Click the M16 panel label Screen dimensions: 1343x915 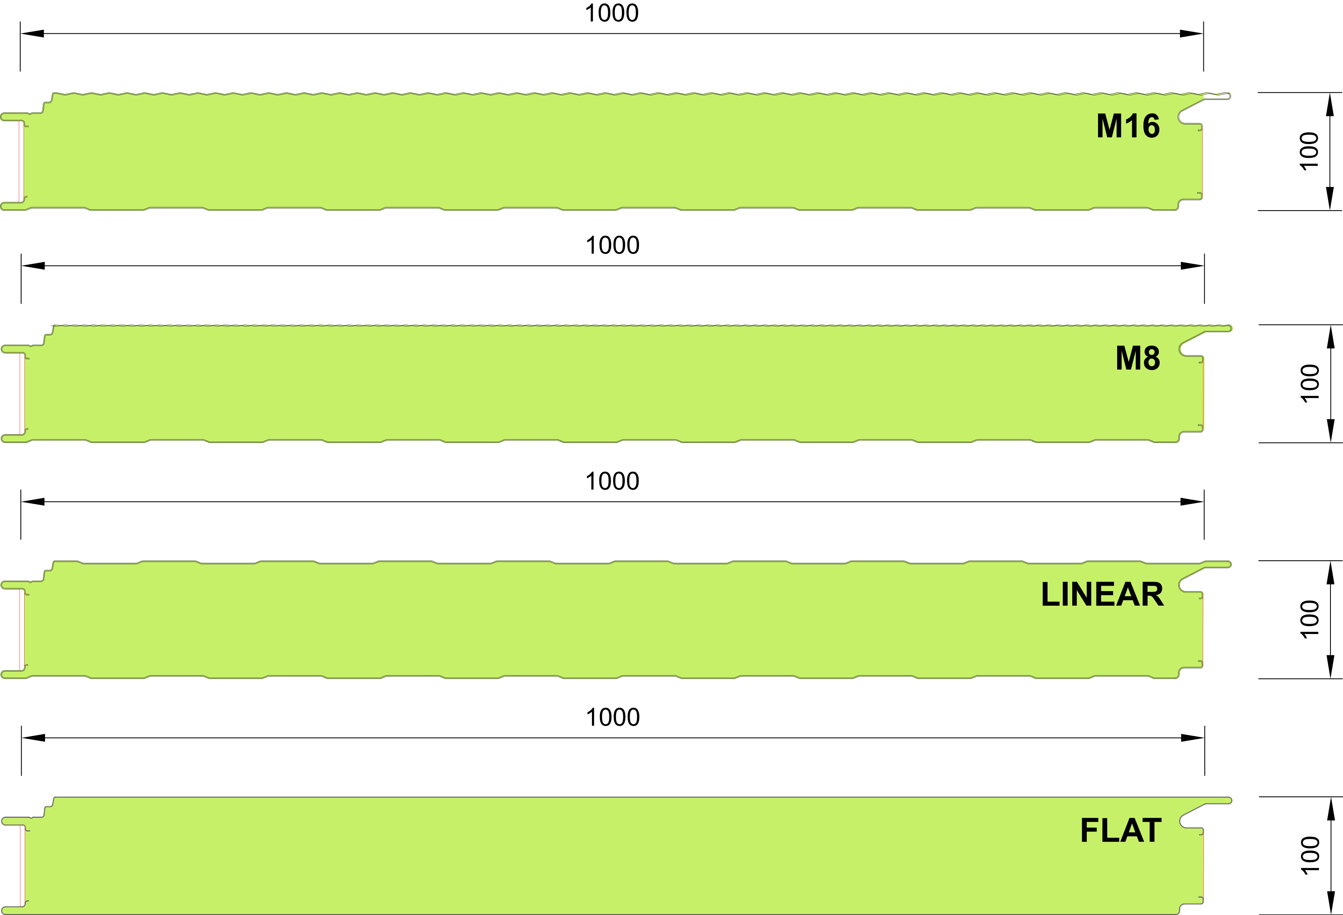pos(1128,126)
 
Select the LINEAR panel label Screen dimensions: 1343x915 pos(1103,594)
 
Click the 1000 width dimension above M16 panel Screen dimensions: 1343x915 pos(612,13)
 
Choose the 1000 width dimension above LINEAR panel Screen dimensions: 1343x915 pos(612,481)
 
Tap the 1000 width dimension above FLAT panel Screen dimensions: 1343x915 pos(613,717)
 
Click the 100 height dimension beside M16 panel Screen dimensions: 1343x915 pos(1309,152)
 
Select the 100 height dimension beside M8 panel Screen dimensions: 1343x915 pos(1310,383)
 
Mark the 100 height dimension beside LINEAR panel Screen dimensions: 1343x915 pos(1310,619)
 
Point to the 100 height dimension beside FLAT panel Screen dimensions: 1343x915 pos(1310,855)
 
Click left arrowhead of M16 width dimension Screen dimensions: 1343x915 pos(32,33)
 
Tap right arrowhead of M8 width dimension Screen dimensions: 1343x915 pos(1193,266)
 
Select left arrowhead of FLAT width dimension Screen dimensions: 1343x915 pos(33,738)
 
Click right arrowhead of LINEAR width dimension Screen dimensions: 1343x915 pos(1192,501)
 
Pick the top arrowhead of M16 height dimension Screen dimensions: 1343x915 pos(1330,104)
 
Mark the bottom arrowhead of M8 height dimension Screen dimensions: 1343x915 pos(1330,431)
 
